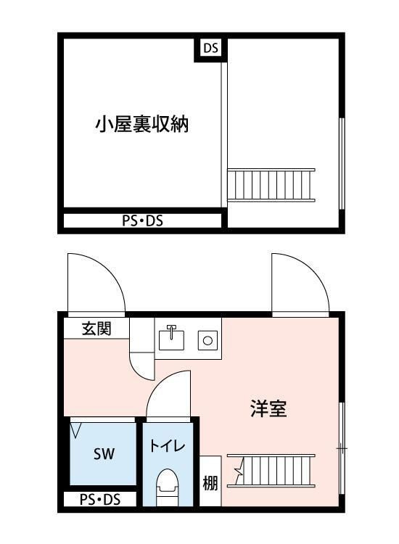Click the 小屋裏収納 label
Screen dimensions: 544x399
pos(142,124)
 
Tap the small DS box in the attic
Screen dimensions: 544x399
pos(210,49)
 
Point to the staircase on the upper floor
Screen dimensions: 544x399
pos(271,185)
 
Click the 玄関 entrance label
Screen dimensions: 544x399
pos(96,329)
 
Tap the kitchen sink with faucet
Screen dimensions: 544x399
pos(172,337)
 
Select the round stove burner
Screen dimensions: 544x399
pos(208,339)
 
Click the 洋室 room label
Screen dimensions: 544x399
pos(268,409)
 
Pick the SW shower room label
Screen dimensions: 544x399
pos(104,455)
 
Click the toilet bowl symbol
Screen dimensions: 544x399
pos(168,485)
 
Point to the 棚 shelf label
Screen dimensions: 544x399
pos(210,482)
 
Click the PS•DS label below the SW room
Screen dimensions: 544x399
pos(100,500)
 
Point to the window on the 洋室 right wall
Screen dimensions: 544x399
pos(341,450)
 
